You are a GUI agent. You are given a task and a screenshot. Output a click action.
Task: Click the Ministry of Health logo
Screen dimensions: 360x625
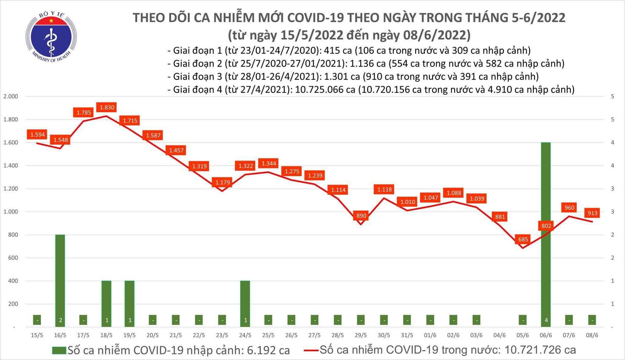(51, 37)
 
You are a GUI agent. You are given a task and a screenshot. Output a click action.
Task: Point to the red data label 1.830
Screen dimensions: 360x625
(107, 107)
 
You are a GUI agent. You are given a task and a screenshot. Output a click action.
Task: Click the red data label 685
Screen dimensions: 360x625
(523, 239)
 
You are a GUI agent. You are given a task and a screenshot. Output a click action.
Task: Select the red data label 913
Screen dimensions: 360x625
(592, 213)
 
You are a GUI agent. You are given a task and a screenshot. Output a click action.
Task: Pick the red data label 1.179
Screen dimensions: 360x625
(222, 182)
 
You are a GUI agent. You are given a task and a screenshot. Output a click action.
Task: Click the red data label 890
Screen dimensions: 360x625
(361, 216)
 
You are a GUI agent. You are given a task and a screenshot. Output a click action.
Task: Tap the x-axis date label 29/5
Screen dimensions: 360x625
(361, 335)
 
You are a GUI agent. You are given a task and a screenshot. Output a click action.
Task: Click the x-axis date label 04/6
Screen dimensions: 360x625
(499, 335)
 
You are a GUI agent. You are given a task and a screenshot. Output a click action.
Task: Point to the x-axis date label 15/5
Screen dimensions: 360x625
(37, 335)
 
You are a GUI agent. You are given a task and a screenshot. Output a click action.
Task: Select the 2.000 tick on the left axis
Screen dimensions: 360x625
(11, 96)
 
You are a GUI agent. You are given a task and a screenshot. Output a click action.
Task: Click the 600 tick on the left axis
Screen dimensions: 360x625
(13, 258)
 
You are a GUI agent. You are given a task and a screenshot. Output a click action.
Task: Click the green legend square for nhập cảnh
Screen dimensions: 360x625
(59, 350)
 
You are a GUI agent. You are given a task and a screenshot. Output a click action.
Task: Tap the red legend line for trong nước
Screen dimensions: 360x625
(311, 350)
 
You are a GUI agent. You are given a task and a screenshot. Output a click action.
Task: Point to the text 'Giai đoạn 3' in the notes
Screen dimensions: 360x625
(197, 77)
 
